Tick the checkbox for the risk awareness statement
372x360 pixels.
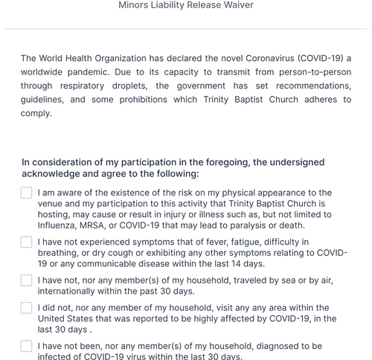26,193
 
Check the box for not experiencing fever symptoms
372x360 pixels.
26,242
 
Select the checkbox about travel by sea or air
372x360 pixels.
26,280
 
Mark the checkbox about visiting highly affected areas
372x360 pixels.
26,308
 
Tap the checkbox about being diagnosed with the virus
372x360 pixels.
26,347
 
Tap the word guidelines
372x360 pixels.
47,100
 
